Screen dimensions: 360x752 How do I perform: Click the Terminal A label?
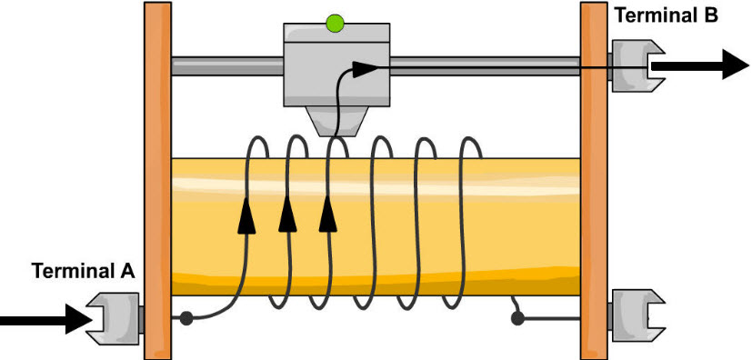click(x=83, y=270)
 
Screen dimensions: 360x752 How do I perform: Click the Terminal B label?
click(x=667, y=15)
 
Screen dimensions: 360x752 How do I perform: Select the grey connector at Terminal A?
click(x=113, y=318)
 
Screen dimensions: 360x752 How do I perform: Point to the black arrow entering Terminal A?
click(x=42, y=318)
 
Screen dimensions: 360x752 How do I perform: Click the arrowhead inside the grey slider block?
click(x=365, y=68)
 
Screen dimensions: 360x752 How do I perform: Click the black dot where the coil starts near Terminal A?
click(x=186, y=318)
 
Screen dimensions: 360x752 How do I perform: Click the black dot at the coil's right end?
click(x=518, y=318)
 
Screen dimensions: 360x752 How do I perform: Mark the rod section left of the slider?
click(x=227, y=65)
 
